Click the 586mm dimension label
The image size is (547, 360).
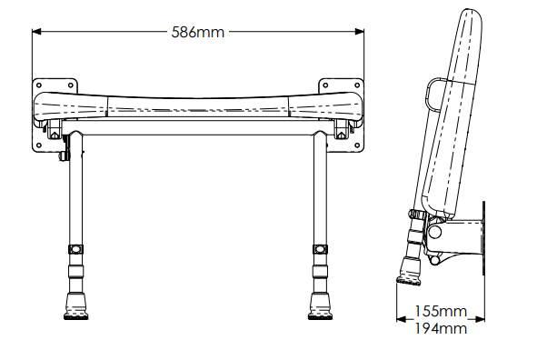click(197, 32)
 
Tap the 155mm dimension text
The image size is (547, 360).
click(441, 311)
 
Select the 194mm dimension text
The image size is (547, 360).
click(441, 328)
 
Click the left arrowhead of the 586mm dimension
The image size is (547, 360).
click(36, 32)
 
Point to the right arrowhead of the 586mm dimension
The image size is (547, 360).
click(359, 32)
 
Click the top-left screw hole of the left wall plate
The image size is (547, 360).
click(39, 85)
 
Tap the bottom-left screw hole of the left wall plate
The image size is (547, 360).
click(39, 145)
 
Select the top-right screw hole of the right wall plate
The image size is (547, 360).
click(357, 85)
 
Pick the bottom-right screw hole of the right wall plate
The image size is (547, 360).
click(357, 145)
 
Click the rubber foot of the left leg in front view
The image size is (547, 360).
click(76, 306)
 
